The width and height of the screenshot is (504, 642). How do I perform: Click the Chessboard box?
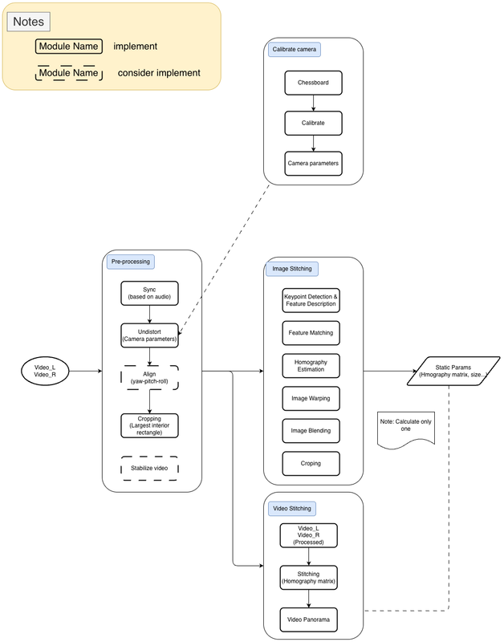(x=313, y=82)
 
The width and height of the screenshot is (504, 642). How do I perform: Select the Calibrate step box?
(x=313, y=123)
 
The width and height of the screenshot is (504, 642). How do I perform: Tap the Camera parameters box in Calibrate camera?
(x=313, y=164)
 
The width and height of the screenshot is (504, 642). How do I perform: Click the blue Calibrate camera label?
(x=295, y=50)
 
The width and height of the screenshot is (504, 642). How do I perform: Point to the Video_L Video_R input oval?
(x=46, y=371)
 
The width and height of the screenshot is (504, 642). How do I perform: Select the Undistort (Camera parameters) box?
(x=149, y=335)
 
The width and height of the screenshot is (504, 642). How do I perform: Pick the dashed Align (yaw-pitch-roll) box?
(x=149, y=378)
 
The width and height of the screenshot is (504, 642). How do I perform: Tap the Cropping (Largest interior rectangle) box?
(x=149, y=425)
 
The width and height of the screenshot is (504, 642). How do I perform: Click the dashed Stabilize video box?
(x=149, y=468)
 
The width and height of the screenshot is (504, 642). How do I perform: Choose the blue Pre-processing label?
(x=129, y=262)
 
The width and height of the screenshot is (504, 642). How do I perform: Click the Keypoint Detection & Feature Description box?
(x=311, y=300)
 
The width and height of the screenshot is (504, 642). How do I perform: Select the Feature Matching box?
(x=311, y=332)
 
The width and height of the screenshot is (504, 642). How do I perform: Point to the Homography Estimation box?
(x=311, y=365)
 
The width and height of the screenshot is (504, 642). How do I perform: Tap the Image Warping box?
(x=311, y=398)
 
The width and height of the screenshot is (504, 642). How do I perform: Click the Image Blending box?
(x=311, y=431)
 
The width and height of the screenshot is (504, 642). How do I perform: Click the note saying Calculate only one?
(x=406, y=428)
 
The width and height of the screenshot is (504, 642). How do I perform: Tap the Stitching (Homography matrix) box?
(x=308, y=578)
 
